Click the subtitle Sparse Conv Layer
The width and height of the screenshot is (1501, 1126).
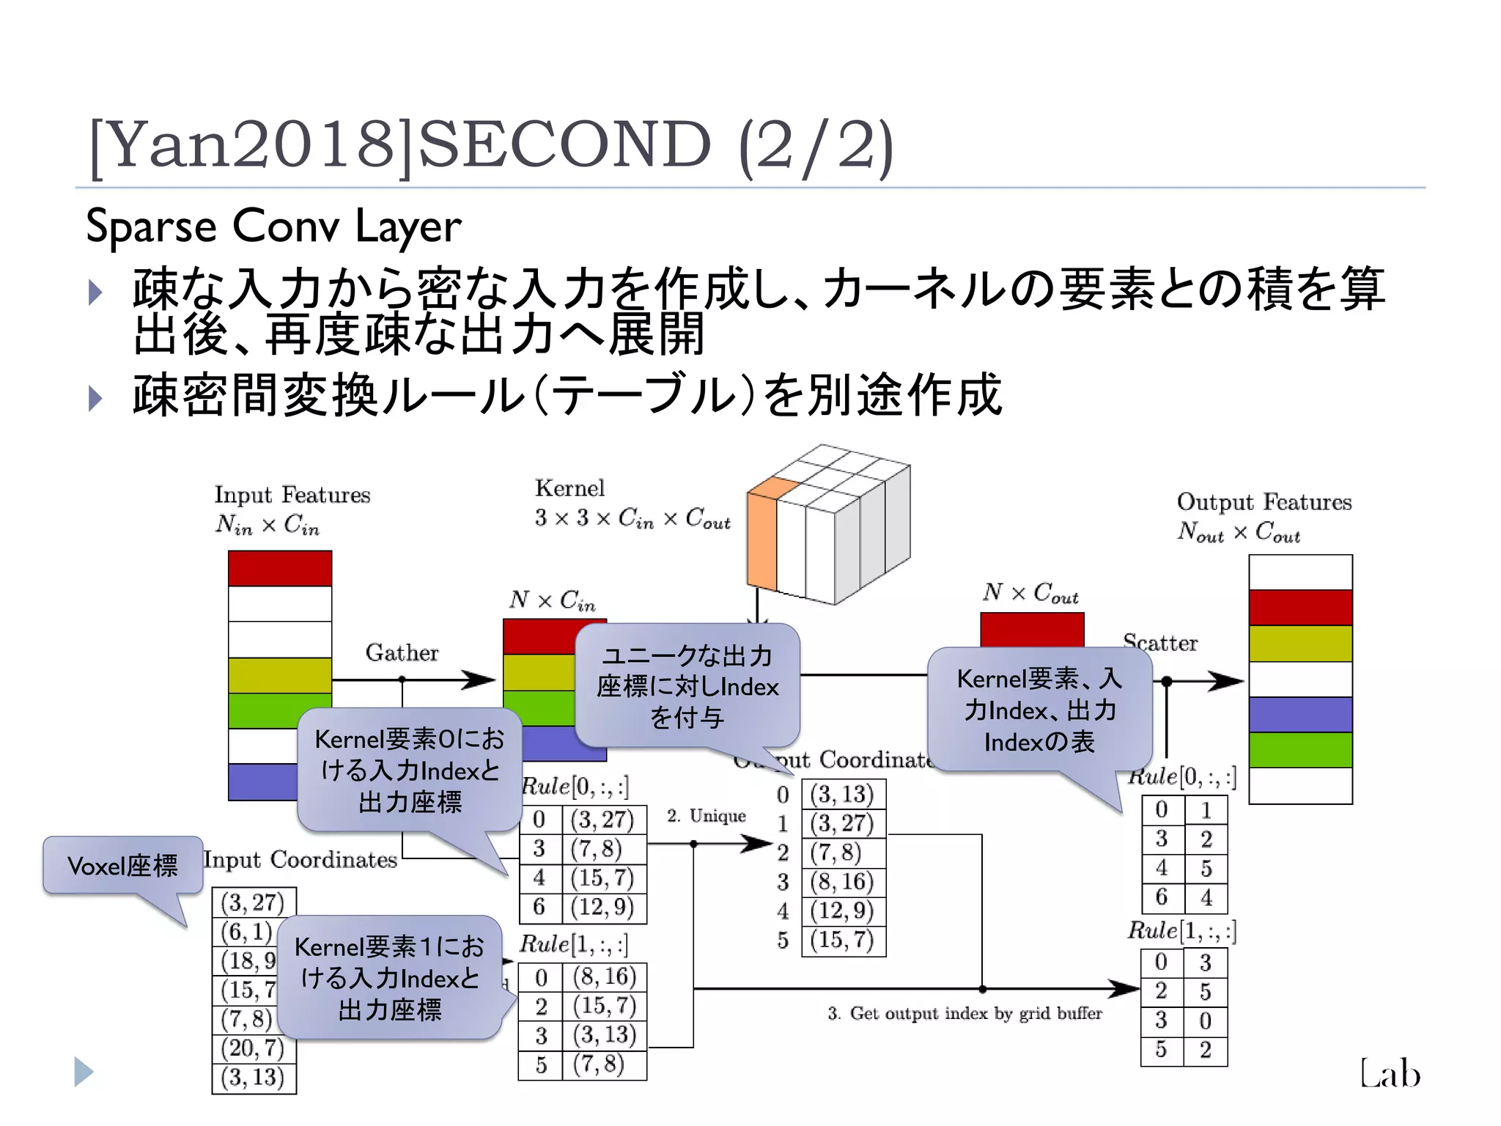tap(273, 225)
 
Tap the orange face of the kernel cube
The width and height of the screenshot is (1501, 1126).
tap(762, 539)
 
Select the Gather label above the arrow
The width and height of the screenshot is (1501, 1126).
tap(402, 652)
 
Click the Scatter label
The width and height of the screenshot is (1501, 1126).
tap(1160, 643)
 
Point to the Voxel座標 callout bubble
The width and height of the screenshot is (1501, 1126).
tap(122, 866)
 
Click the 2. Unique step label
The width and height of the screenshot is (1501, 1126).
tap(706, 816)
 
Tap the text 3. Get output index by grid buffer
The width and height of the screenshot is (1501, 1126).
tap(965, 1013)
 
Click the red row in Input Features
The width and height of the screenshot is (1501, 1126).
tap(280, 568)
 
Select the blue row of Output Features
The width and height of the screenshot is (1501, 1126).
tap(1300, 714)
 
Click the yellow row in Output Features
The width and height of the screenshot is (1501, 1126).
tap(1300, 643)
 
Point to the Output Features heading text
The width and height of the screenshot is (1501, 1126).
tap(1264, 502)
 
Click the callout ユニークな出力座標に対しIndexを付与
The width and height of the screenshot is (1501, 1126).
tap(687, 685)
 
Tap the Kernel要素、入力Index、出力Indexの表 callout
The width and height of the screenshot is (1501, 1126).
tap(1039, 710)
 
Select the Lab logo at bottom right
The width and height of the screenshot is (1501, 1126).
tap(1390, 1073)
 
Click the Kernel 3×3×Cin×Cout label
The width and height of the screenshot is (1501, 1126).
tap(632, 504)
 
